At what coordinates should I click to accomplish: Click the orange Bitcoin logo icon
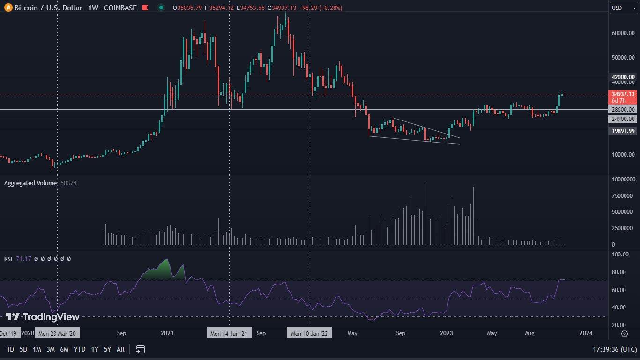pyautogui.click(x=8, y=7)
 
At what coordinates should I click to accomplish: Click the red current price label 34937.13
pyautogui.click(x=623, y=94)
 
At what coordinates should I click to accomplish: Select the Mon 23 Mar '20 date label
pyautogui.click(x=57, y=333)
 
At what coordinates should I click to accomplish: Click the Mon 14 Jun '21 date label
pyautogui.click(x=229, y=333)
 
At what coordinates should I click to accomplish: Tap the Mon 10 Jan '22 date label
pyautogui.click(x=310, y=333)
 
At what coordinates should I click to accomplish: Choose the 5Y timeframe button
pyautogui.click(x=107, y=349)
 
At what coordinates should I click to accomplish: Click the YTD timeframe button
pyautogui.click(x=80, y=349)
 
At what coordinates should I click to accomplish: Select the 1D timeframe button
pyautogui.click(x=10, y=349)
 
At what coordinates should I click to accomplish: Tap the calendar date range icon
pyautogui.click(x=141, y=349)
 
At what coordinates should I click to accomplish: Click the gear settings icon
pyautogui.click(x=624, y=333)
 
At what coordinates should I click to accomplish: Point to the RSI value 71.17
pyautogui.click(x=23, y=259)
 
